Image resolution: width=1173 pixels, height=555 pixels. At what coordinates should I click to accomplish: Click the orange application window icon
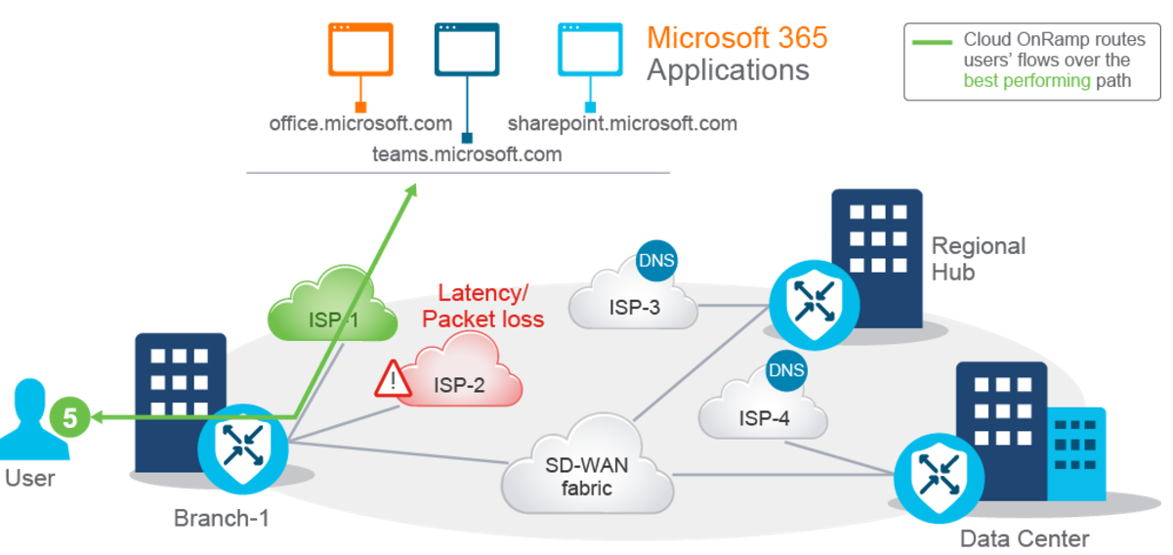tap(360, 49)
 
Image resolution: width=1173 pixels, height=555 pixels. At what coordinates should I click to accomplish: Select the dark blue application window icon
tap(467, 49)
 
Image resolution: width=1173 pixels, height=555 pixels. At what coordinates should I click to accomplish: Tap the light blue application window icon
tap(590, 49)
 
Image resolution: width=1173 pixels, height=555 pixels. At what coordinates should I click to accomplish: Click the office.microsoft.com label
tap(360, 124)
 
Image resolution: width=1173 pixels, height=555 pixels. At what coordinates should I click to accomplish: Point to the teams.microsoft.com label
tap(467, 154)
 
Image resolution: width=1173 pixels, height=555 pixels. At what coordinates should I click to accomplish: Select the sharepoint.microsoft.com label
tap(622, 124)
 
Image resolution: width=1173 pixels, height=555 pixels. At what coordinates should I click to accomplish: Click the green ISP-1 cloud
tap(332, 304)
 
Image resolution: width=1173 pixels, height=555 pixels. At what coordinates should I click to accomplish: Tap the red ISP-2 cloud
tap(461, 369)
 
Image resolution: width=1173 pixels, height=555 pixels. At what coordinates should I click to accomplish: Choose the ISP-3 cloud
tap(633, 293)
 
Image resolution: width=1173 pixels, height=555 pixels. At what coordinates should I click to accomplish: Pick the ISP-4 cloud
tap(763, 404)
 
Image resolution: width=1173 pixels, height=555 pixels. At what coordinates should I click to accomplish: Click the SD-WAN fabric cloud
tap(587, 466)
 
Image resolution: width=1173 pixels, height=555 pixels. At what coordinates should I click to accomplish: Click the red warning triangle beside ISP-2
tap(393, 378)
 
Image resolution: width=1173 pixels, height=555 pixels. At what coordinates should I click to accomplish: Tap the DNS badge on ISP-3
tap(656, 261)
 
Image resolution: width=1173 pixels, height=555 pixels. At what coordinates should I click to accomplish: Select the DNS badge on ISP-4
tap(786, 370)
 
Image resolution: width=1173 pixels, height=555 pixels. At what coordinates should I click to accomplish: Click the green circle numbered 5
tap(69, 417)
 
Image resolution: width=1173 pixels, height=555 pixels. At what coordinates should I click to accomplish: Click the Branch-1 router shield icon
tap(243, 449)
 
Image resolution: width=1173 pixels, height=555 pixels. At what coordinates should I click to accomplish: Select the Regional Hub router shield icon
tap(815, 305)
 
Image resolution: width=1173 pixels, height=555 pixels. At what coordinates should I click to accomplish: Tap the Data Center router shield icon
tap(939, 478)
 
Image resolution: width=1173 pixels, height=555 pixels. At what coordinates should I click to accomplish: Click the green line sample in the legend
tap(932, 42)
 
